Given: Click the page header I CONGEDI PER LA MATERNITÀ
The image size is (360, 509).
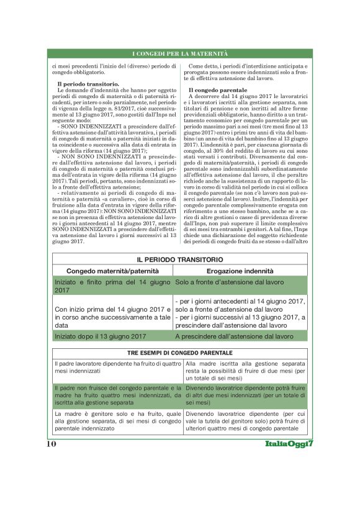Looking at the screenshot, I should (x=180, y=54).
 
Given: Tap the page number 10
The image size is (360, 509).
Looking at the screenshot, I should (x=51, y=444).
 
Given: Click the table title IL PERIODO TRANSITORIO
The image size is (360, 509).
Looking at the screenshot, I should (x=180, y=258).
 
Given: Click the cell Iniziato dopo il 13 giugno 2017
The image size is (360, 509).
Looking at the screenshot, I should (x=101, y=336).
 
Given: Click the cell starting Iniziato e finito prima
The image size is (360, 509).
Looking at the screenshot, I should (x=112, y=286).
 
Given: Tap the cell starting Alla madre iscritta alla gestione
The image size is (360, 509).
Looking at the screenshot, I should (x=245, y=370).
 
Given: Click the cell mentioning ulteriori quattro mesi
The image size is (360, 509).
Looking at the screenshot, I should (x=245, y=420).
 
